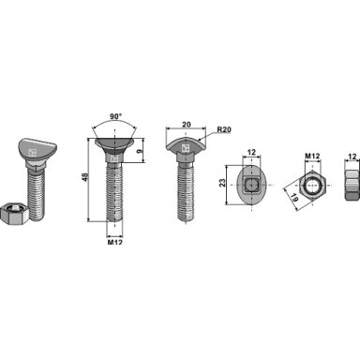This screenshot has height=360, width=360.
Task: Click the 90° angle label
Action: tap(115, 116)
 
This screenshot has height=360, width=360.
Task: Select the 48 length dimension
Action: tap(84, 177)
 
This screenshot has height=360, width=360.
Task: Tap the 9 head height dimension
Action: tap(140, 151)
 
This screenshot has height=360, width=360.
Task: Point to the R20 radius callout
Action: tap(224, 129)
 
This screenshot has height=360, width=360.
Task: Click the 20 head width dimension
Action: tap(187, 125)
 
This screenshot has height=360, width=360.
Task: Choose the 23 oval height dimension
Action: tap(222, 183)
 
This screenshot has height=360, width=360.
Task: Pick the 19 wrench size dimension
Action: tap(293, 197)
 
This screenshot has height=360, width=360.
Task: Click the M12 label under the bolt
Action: tap(115, 242)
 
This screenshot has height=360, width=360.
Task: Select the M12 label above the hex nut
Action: tap(312, 156)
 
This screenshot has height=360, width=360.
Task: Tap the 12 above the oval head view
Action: tap(251, 152)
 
